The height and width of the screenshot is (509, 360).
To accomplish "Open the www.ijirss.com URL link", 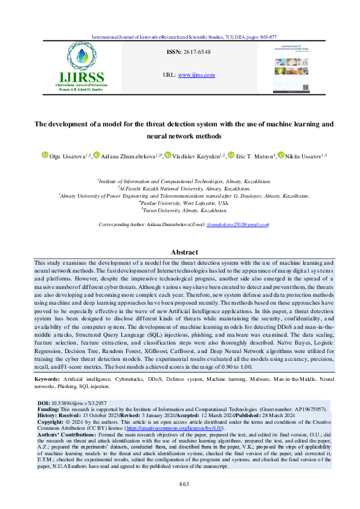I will [x=196, y=75].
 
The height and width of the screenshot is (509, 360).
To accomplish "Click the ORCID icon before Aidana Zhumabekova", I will [x=96, y=155].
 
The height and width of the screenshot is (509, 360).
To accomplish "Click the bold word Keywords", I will [x=47, y=378].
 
